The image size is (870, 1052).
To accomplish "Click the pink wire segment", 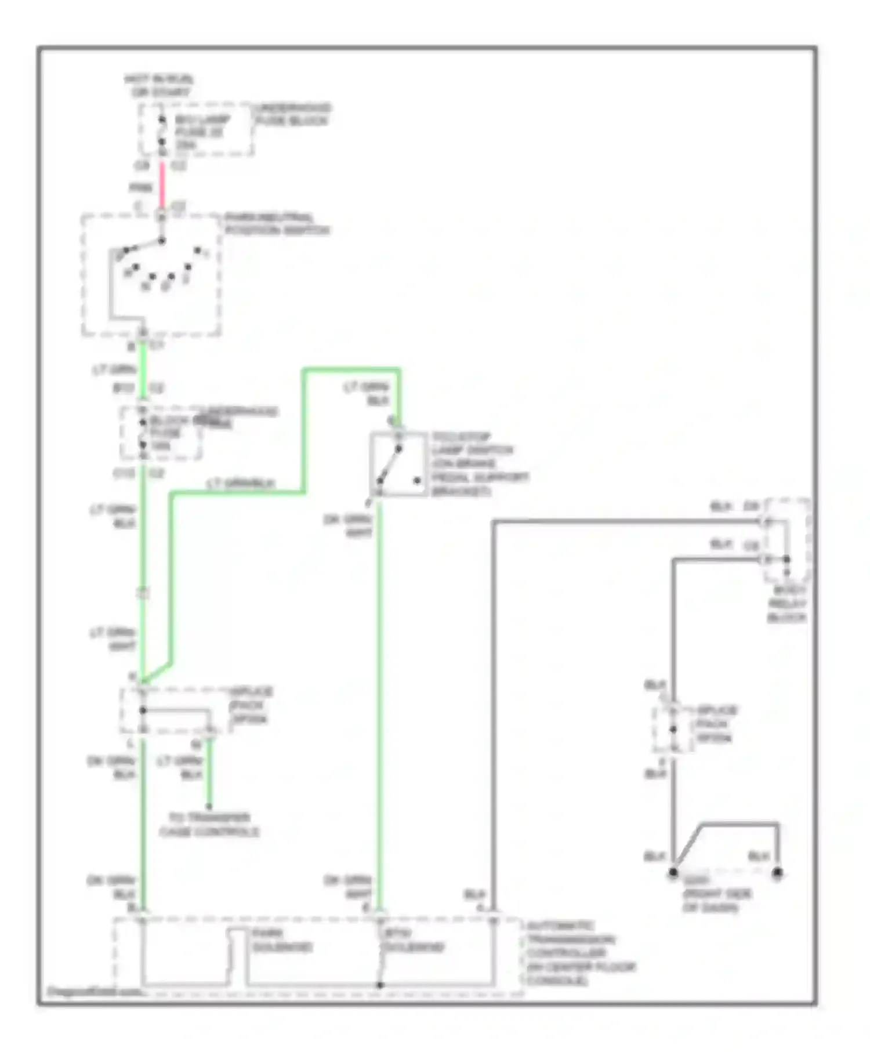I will pos(162,184).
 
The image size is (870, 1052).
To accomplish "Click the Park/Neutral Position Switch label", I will pos(277,224).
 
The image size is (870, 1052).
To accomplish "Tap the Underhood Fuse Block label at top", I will pos(292,114).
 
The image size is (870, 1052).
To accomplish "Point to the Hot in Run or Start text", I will pos(158,85).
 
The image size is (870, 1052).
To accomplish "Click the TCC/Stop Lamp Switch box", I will pos(398,464).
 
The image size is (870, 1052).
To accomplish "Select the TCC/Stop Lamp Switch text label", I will pos(479,464).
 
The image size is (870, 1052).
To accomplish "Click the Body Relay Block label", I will pos(787,604).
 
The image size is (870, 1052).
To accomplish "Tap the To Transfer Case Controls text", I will pos(209,824).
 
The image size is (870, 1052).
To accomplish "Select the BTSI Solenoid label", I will pos(412,940).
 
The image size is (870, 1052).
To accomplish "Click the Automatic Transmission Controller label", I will pos(580,953).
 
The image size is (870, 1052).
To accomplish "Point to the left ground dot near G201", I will pos(673,872).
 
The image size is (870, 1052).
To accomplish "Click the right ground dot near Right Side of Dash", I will pos(777,872).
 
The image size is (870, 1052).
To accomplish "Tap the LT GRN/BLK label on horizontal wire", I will pos(241,483).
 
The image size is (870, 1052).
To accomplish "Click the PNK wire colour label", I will pos(140,187).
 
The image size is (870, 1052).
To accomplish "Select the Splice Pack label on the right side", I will pos(716,724).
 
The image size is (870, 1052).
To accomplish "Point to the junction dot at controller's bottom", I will pos(380,985).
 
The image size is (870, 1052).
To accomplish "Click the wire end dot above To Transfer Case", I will pos(209,806).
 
